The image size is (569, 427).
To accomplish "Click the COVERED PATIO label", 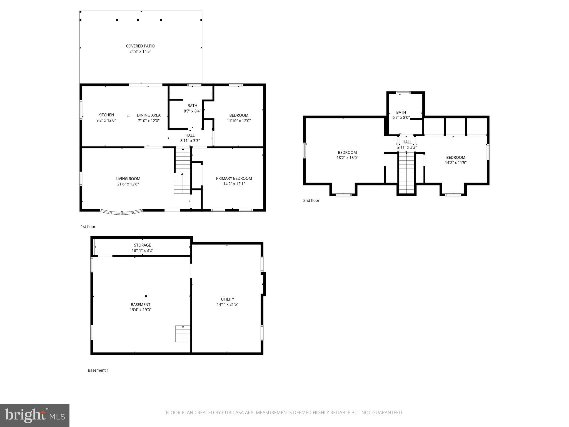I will [x=140, y=46].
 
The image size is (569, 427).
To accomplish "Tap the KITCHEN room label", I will [x=106, y=115].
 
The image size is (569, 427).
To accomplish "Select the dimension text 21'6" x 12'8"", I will [x=128, y=184].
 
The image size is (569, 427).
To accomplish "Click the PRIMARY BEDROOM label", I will [x=234, y=178].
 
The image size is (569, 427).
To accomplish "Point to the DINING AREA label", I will [x=149, y=115].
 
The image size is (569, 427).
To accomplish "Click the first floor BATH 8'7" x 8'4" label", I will [x=192, y=108].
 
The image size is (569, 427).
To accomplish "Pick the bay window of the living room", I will [x=121, y=213].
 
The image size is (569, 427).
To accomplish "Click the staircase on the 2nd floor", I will [x=406, y=173].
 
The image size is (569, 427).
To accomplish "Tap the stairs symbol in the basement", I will [x=183, y=334].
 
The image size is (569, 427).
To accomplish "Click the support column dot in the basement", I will [x=146, y=296].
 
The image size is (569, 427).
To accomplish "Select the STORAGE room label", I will [x=143, y=245].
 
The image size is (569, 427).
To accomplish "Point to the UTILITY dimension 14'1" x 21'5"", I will [x=227, y=304].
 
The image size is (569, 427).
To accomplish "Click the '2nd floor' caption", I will [x=311, y=200].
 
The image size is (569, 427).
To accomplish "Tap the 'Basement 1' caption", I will [x=98, y=370].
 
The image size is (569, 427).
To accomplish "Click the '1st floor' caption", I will [x=88, y=227].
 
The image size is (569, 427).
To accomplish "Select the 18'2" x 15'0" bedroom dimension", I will [x=347, y=158].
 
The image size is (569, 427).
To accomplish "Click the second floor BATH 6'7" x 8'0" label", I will [x=401, y=115].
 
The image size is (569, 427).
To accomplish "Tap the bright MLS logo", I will [x=35, y=416].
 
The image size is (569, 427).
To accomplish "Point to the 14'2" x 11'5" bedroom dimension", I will [x=456, y=163].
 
